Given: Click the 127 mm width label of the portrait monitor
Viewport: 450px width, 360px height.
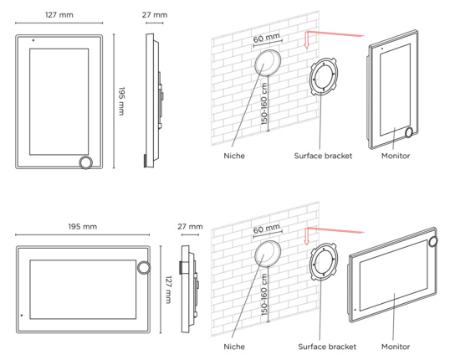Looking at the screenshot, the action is coord(59,15).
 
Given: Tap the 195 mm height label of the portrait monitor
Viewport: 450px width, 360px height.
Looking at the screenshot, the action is coord(121,101).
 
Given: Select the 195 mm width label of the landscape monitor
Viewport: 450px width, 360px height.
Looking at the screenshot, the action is coord(82,226).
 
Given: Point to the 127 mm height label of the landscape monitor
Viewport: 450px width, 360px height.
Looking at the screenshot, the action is coord(169,290).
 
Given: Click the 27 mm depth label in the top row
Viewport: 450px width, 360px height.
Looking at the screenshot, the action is coord(155,15).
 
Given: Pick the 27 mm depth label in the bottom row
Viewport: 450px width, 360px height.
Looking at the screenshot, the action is coord(190,226).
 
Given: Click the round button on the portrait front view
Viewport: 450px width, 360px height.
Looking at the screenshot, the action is coord(86,162).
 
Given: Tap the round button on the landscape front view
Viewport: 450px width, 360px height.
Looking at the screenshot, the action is coord(144,267).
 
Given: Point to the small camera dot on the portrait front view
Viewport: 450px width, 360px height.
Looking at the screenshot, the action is coord(33,40).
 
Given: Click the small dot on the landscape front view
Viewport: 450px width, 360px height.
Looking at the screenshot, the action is coord(22,316).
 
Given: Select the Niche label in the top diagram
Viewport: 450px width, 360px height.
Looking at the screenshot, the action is coord(234,156).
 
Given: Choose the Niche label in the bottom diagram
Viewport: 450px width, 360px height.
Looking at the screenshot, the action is coord(234,347).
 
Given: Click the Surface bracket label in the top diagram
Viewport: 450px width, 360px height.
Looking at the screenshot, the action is coord(323,156).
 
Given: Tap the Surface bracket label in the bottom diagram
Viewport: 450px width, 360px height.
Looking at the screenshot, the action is coord(327,347).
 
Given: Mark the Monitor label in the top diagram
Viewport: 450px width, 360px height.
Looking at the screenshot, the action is coord(396,156).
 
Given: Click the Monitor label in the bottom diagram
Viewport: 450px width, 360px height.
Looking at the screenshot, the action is coord(396,347).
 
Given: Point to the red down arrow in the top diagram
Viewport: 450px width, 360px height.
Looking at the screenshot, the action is coord(306,40).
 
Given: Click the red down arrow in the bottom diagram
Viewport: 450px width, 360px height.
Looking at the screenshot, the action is coord(306,236).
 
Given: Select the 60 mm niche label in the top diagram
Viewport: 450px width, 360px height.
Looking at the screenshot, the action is coord(266,38).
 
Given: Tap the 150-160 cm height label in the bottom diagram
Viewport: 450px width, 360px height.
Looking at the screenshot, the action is coord(264,295).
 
